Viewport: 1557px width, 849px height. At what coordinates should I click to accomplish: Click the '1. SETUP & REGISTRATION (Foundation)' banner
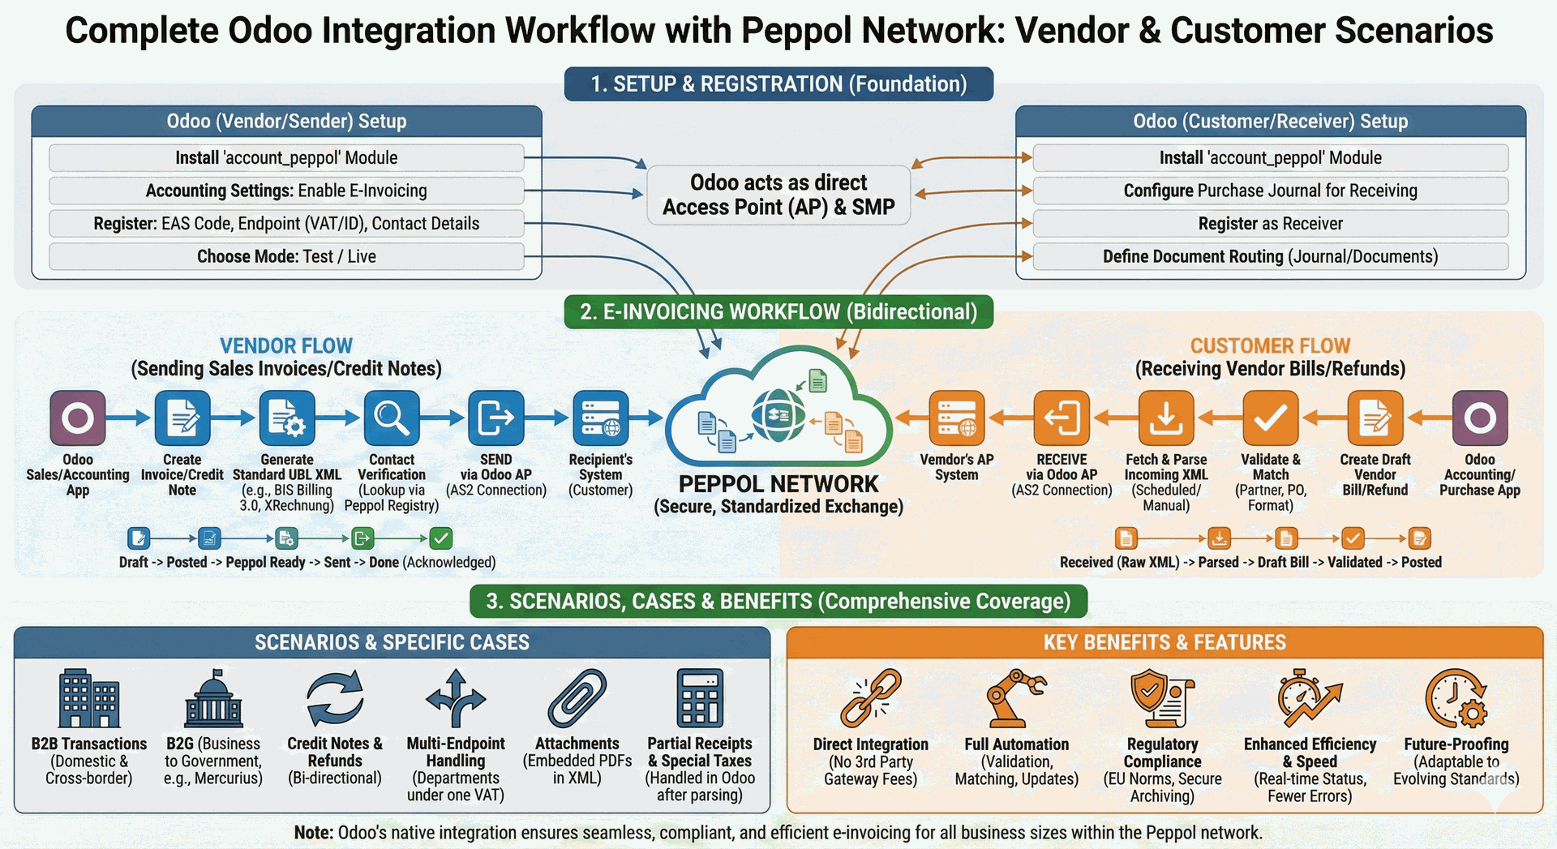click(778, 84)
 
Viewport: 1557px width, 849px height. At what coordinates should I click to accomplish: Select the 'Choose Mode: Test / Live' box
click(286, 256)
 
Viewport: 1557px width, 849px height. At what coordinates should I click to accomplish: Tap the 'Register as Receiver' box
click(1270, 223)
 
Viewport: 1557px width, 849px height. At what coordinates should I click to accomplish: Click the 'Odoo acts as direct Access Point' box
click(778, 195)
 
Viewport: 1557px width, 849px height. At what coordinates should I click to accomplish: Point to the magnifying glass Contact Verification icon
click(392, 418)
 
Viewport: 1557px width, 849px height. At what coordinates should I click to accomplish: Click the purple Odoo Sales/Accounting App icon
click(78, 418)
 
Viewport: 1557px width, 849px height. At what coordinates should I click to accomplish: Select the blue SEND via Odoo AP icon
click(495, 418)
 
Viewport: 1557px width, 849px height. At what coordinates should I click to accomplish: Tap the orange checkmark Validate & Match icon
click(1270, 418)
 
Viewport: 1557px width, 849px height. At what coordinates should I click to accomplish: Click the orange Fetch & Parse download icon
click(1165, 418)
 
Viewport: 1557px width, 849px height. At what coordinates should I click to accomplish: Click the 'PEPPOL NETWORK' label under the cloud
click(778, 484)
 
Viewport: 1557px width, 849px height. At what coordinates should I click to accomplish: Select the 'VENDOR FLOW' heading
click(286, 346)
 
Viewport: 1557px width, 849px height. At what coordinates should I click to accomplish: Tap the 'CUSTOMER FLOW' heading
click(1270, 346)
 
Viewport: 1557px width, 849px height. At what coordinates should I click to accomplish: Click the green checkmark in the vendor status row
click(441, 538)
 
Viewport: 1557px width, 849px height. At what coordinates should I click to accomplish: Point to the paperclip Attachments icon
click(577, 697)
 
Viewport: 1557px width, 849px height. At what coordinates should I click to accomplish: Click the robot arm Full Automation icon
click(1015, 697)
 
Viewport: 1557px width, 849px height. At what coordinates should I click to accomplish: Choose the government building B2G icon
click(213, 697)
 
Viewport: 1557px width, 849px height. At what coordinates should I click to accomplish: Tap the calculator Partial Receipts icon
click(699, 697)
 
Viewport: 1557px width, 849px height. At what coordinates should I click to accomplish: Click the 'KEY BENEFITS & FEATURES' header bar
click(1165, 642)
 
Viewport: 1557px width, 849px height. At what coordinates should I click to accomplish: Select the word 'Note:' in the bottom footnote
click(313, 833)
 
